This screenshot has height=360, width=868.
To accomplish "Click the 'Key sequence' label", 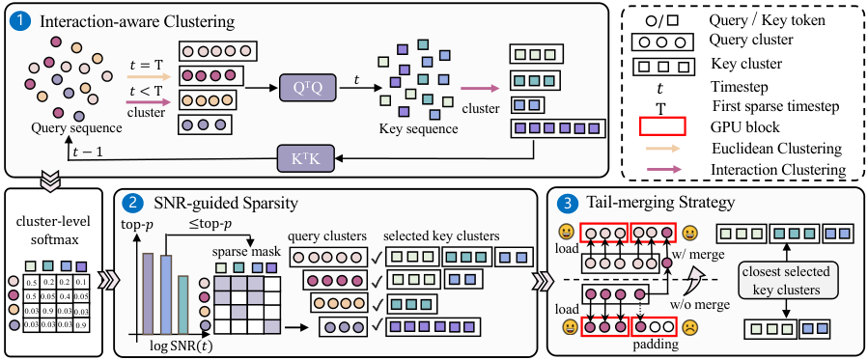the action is pos(418,130).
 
